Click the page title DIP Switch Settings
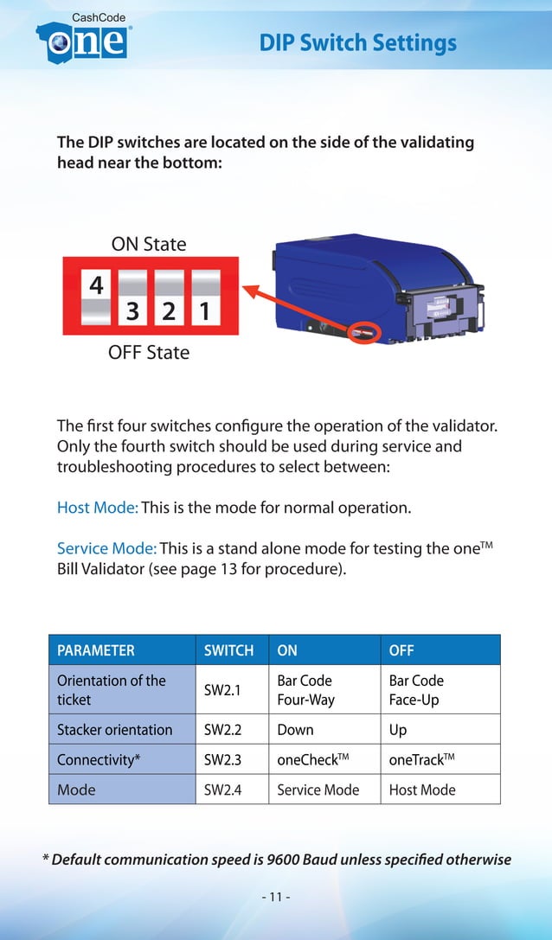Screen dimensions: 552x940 (357, 42)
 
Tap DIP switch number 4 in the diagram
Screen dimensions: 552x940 (97, 297)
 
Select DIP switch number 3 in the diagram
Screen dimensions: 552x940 (133, 297)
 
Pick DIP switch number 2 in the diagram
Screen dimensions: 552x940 (169, 297)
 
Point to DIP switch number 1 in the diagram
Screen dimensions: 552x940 (205, 297)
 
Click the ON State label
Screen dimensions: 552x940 (149, 244)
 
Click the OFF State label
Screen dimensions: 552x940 (149, 353)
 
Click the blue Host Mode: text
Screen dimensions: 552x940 (97, 508)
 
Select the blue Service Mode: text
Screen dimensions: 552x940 (106, 548)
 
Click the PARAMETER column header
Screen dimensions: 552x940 (96, 650)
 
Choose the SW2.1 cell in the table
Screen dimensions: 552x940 (222, 690)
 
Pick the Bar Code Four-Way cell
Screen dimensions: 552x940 (305, 690)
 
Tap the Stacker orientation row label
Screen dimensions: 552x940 (115, 730)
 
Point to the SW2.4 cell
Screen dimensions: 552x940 (222, 790)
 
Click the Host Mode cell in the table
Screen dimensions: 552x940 (422, 790)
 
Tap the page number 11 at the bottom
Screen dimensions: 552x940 (275, 896)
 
